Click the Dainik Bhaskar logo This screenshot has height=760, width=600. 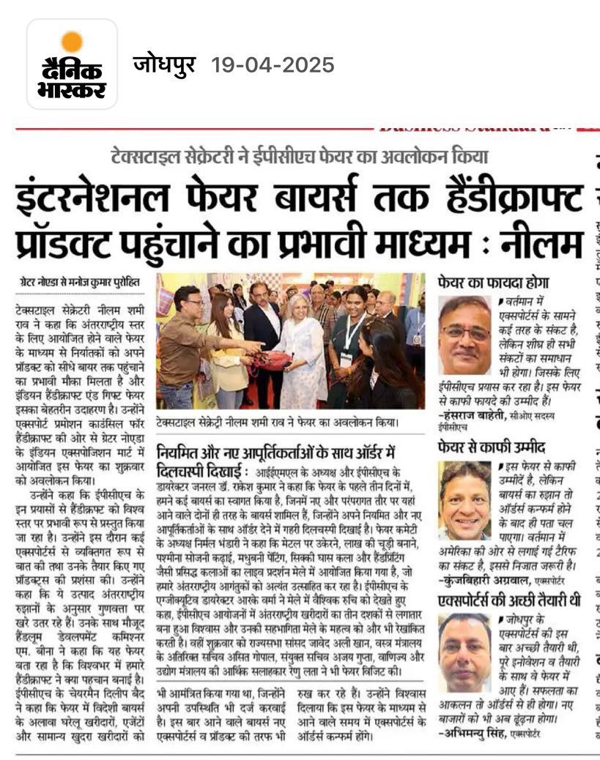[72, 64]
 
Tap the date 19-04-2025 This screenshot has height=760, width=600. [273, 65]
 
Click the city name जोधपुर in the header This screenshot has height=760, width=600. [165, 65]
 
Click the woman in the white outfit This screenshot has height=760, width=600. [301, 351]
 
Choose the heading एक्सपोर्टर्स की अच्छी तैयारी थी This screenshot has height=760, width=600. [508, 601]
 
